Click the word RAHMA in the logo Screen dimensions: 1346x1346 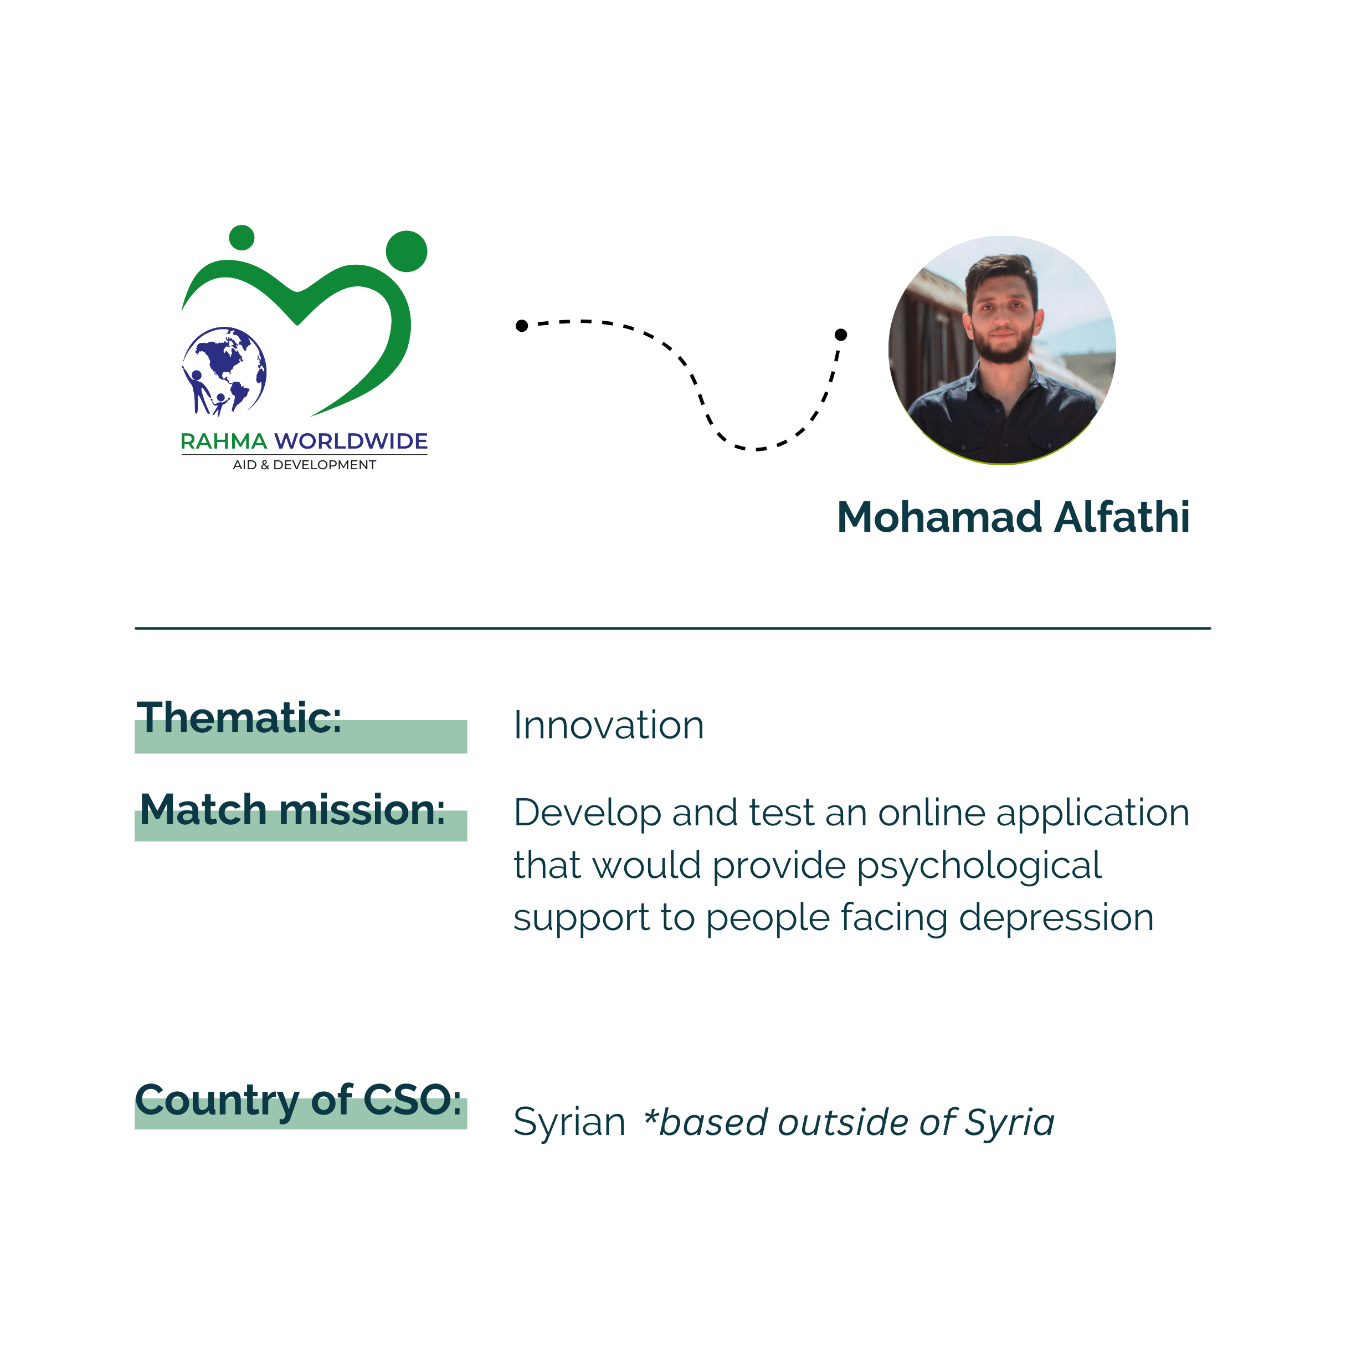tap(224, 441)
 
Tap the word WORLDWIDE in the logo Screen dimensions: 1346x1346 tap(351, 441)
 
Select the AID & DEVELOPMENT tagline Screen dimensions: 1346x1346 tap(305, 465)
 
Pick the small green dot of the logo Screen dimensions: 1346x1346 tap(242, 238)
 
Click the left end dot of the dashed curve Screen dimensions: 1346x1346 tap(522, 325)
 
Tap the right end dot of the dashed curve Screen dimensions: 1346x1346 tap(841, 335)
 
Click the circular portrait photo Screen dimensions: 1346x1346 tap(1002, 350)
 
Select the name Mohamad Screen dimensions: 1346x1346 tap(939, 518)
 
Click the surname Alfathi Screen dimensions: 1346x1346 tap(1122, 518)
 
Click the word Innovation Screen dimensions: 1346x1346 tap(609, 725)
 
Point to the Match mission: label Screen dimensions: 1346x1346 tap(292, 810)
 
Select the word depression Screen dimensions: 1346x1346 tap(1056, 919)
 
